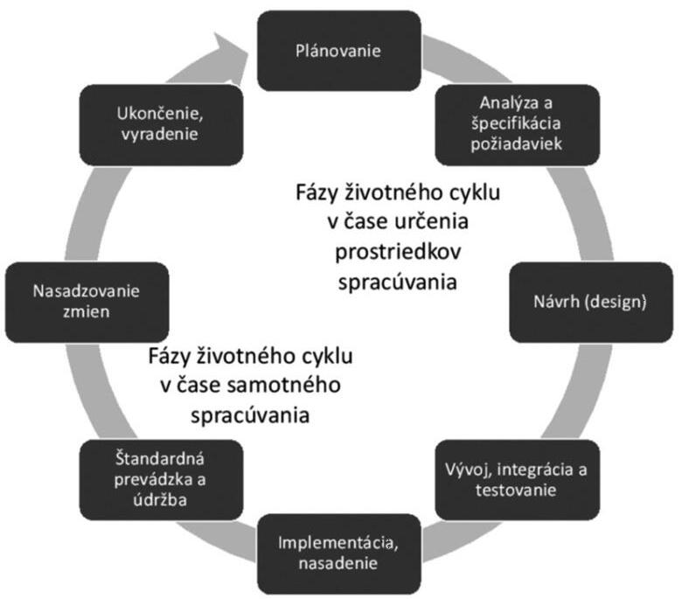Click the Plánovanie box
[x=338, y=50]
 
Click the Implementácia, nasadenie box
[x=338, y=552]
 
